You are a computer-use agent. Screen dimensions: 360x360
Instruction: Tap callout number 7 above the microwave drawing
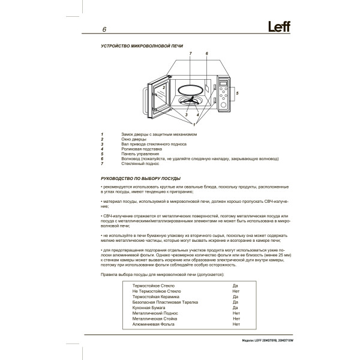tap(190, 54)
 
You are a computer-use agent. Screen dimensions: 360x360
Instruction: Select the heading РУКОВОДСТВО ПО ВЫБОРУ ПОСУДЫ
tap(139, 179)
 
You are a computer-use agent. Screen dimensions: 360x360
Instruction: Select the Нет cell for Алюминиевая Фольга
tap(235, 324)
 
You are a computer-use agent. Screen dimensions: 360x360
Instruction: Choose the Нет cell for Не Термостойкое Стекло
tap(235, 292)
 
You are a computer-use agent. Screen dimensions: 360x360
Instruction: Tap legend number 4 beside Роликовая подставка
tap(103, 149)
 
